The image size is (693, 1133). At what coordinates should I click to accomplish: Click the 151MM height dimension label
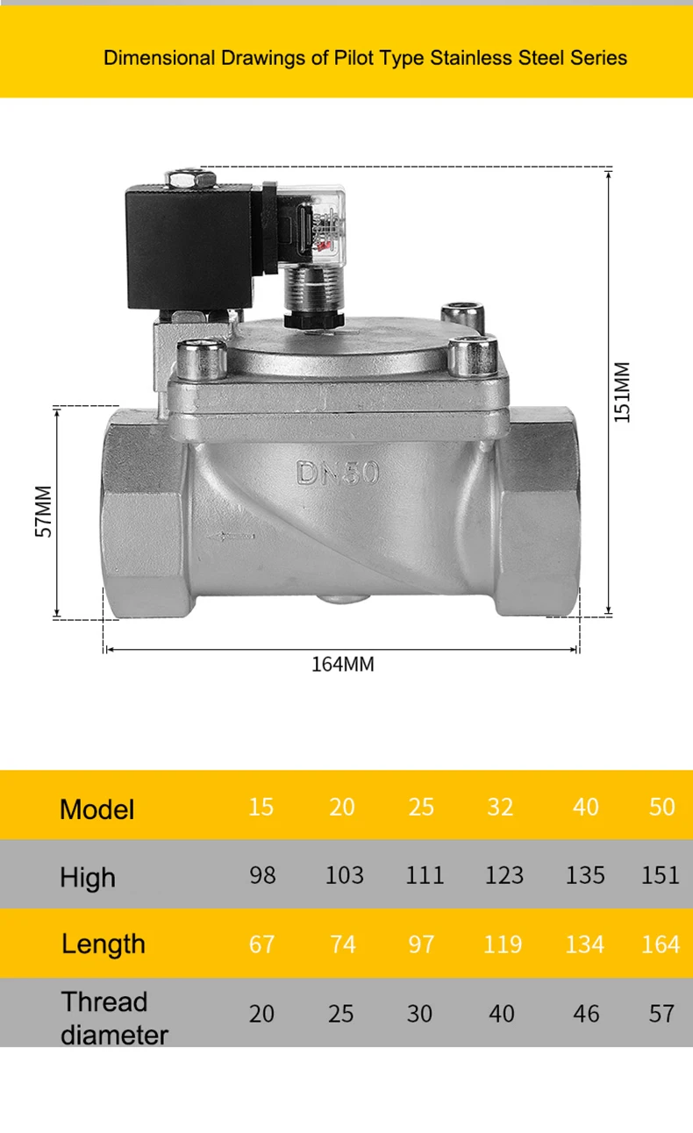pyautogui.click(x=622, y=392)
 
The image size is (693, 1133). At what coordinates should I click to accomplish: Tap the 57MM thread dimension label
pyautogui.click(x=44, y=511)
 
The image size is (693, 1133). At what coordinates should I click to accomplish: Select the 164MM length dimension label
pyautogui.click(x=342, y=664)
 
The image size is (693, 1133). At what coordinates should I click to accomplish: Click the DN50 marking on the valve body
pyautogui.click(x=338, y=473)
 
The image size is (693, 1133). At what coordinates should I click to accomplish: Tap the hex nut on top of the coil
pyautogui.click(x=190, y=178)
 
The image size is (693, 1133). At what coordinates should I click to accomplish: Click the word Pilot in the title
pyautogui.click(x=354, y=58)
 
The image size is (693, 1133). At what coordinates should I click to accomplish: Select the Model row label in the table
pyautogui.click(x=97, y=809)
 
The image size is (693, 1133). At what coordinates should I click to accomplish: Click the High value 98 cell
pyautogui.click(x=262, y=875)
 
